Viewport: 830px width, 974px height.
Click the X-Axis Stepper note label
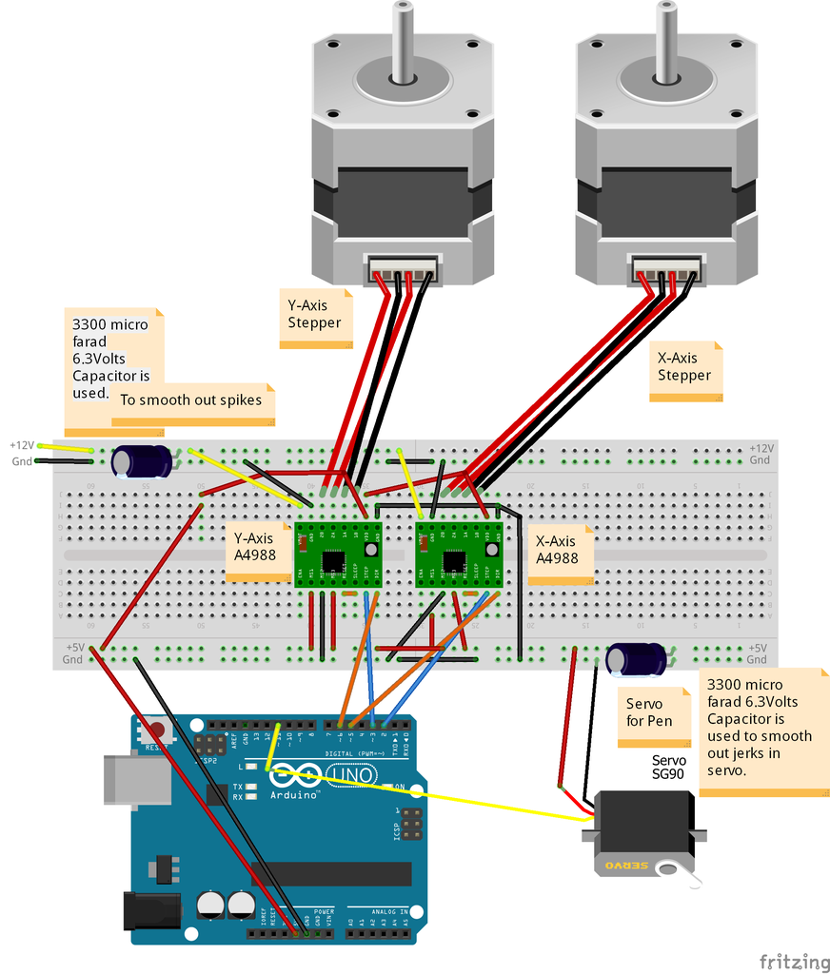pyautogui.click(x=684, y=367)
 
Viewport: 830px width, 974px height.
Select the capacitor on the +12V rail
pyautogui.click(x=143, y=462)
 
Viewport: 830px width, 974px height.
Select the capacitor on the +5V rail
pyautogui.click(x=637, y=659)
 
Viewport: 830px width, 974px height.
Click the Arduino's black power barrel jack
pyautogui.click(x=152, y=909)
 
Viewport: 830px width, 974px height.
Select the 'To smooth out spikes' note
pyautogui.click(x=192, y=400)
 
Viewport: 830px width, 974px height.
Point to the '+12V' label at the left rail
pyautogui.click(x=22, y=445)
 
